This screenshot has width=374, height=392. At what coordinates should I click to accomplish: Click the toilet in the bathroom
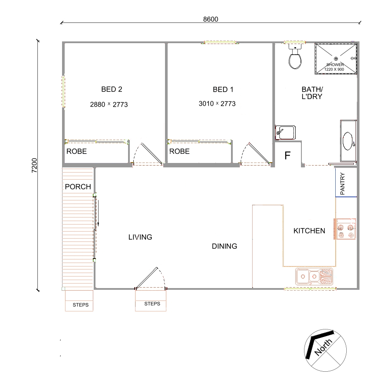[x=295, y=56]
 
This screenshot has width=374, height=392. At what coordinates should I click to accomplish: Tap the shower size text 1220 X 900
[x=334, y=70]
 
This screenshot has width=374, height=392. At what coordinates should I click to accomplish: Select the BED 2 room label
[x=112, y=89]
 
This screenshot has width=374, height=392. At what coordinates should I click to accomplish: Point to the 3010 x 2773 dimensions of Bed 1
[x=217, y=104]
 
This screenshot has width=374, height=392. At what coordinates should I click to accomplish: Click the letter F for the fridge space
[x=287, y=155]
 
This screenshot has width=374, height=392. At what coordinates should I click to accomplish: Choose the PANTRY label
[x=342, y=184]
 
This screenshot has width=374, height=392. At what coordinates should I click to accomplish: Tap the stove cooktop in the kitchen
[x=345, y=229]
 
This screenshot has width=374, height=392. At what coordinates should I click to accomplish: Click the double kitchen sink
[x=314, y=277]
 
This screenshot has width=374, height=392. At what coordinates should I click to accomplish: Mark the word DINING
[x=224, y=246]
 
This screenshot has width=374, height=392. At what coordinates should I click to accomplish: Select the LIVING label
[x=140, y=237]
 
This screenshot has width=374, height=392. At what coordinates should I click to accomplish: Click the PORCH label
[x=78, y=187]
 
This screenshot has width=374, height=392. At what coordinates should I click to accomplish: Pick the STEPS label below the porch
[x=81, y=305]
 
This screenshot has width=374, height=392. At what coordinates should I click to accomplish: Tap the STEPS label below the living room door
[x=152, y=303]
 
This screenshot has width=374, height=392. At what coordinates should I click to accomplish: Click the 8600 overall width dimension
[x=210, y=19]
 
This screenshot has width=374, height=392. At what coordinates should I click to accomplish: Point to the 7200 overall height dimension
[x=34, y=165]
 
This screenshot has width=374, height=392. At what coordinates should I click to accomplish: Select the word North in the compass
[x=323, y=347]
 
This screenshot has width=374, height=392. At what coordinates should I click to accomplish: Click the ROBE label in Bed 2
[x=77, y=151]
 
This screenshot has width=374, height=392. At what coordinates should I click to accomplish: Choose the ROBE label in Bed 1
[x=179, y=151]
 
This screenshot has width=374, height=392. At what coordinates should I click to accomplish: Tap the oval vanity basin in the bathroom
[x=348, y=141]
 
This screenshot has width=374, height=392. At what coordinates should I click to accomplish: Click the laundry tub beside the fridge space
[x=286, y=133]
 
